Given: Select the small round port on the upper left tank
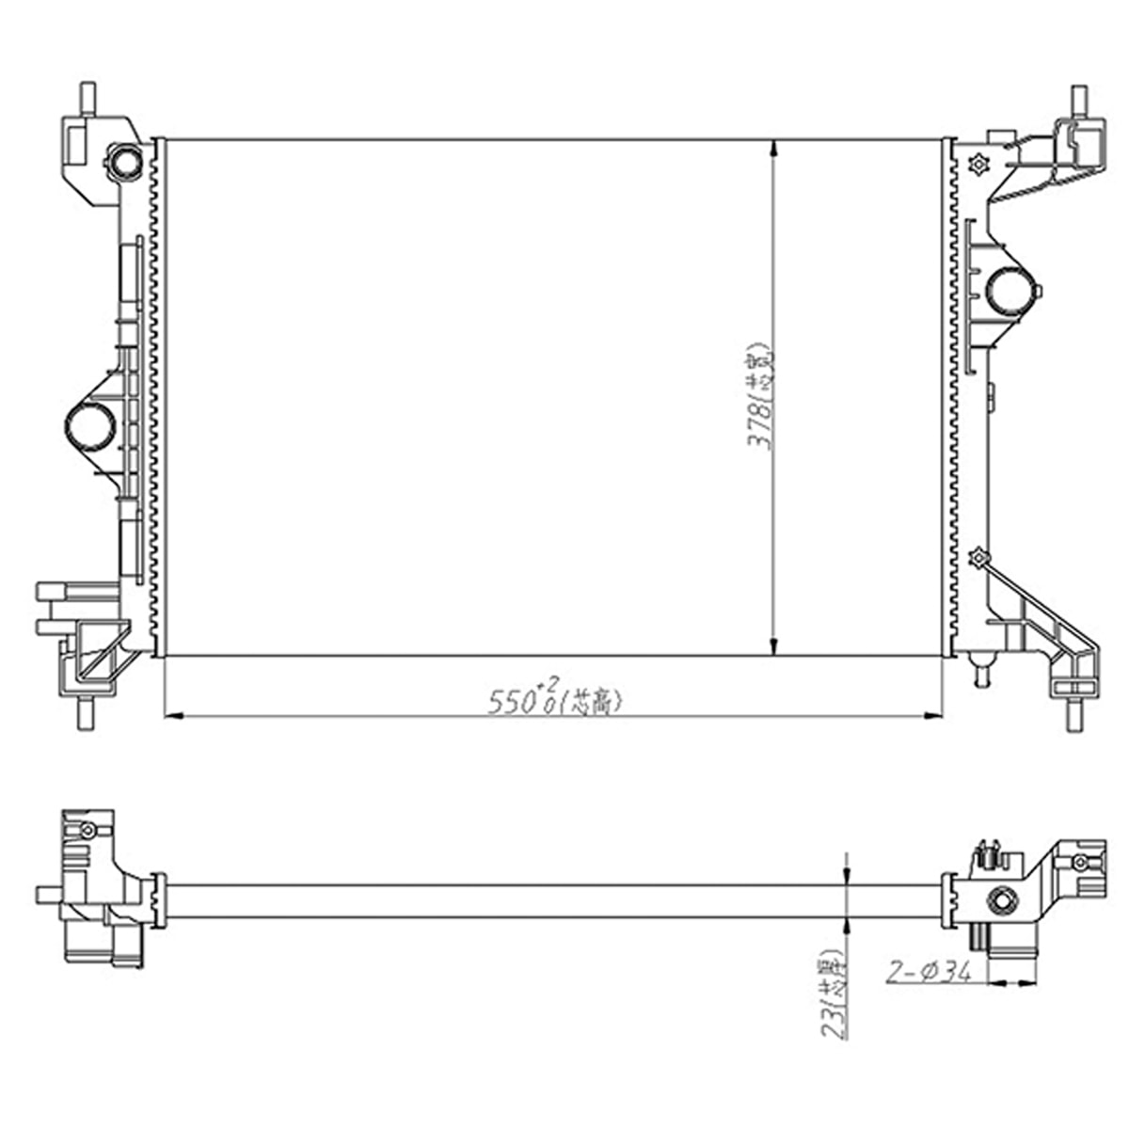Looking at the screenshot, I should [x=124, y=162].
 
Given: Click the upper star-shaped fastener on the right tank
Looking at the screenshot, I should [x=977, y=164].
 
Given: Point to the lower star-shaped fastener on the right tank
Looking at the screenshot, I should [x=979, y=559].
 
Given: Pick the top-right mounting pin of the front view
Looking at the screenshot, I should [x=1077, y=100].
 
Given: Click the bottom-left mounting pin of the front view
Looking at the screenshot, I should [x=87, y=712].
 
